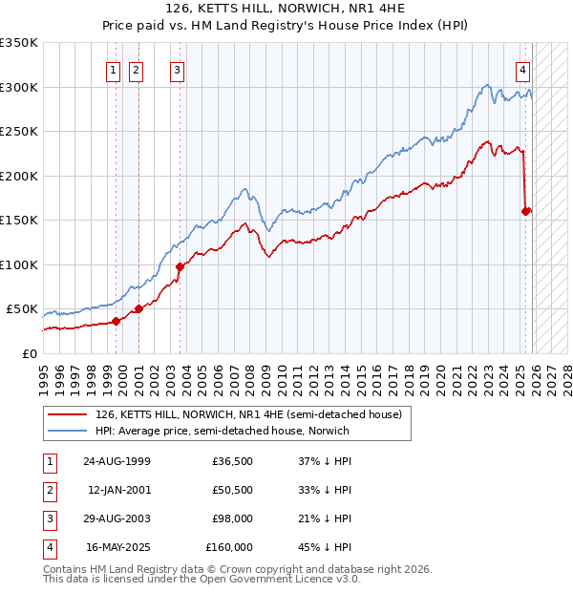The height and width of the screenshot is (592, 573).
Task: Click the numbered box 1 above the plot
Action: (114, 69)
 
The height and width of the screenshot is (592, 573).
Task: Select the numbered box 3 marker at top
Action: (179, 69)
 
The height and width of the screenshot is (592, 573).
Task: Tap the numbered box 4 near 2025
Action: (523, 69)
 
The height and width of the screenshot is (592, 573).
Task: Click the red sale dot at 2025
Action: (525, 211)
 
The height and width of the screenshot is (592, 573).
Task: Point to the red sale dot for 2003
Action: (180, 266)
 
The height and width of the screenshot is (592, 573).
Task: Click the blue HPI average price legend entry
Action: (222, 431)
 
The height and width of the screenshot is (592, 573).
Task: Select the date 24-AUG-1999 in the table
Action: (117, 461)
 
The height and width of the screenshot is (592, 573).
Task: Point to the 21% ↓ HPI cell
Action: (324, 518)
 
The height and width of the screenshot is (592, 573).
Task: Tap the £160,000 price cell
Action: (229, 547)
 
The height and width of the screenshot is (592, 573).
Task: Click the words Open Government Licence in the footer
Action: (264, 579)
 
